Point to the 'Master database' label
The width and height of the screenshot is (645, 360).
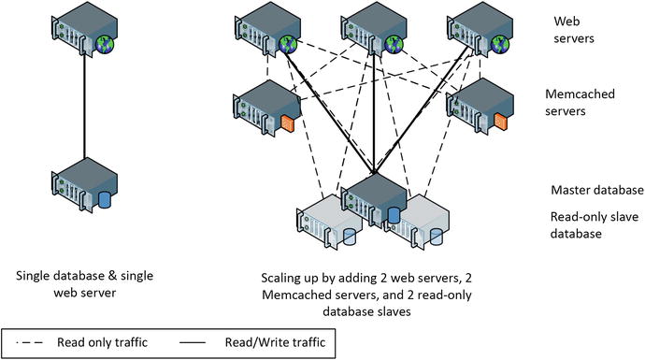597,190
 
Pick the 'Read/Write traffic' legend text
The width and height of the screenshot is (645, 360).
270,342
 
